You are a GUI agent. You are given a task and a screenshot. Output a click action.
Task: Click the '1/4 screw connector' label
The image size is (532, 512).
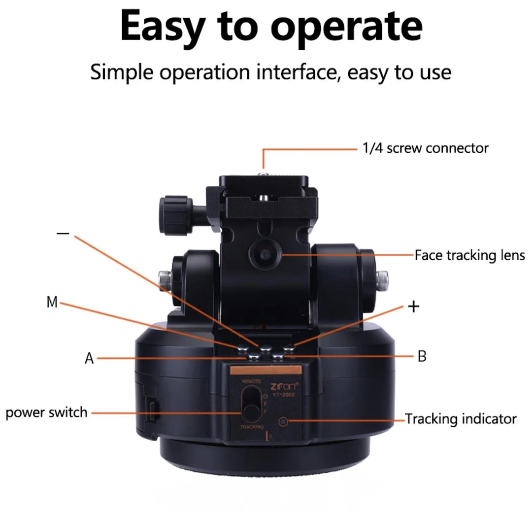tap(426, 148)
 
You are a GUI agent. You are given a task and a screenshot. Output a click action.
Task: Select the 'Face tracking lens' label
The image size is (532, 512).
tap(469, 255)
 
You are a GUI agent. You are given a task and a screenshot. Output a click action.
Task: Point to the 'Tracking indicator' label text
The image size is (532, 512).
tap(461, 419)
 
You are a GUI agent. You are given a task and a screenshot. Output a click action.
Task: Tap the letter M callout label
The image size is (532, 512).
tap(52, 302)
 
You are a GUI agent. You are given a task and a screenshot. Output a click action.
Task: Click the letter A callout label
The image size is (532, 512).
tap(89, 358)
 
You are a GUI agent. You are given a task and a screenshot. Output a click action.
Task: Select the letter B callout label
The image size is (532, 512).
tap(422, 356)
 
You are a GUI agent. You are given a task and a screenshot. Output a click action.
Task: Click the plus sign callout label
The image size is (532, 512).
tap(414, 307)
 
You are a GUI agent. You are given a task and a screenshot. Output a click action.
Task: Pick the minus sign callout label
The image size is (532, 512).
tap(63, 233)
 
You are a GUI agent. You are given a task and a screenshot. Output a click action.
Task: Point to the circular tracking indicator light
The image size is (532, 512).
tap(283, 422)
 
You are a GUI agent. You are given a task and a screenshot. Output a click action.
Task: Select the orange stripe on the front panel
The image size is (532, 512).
tap(266, 371)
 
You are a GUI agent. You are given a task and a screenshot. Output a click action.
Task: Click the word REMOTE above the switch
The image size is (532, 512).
tap(251, 381)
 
